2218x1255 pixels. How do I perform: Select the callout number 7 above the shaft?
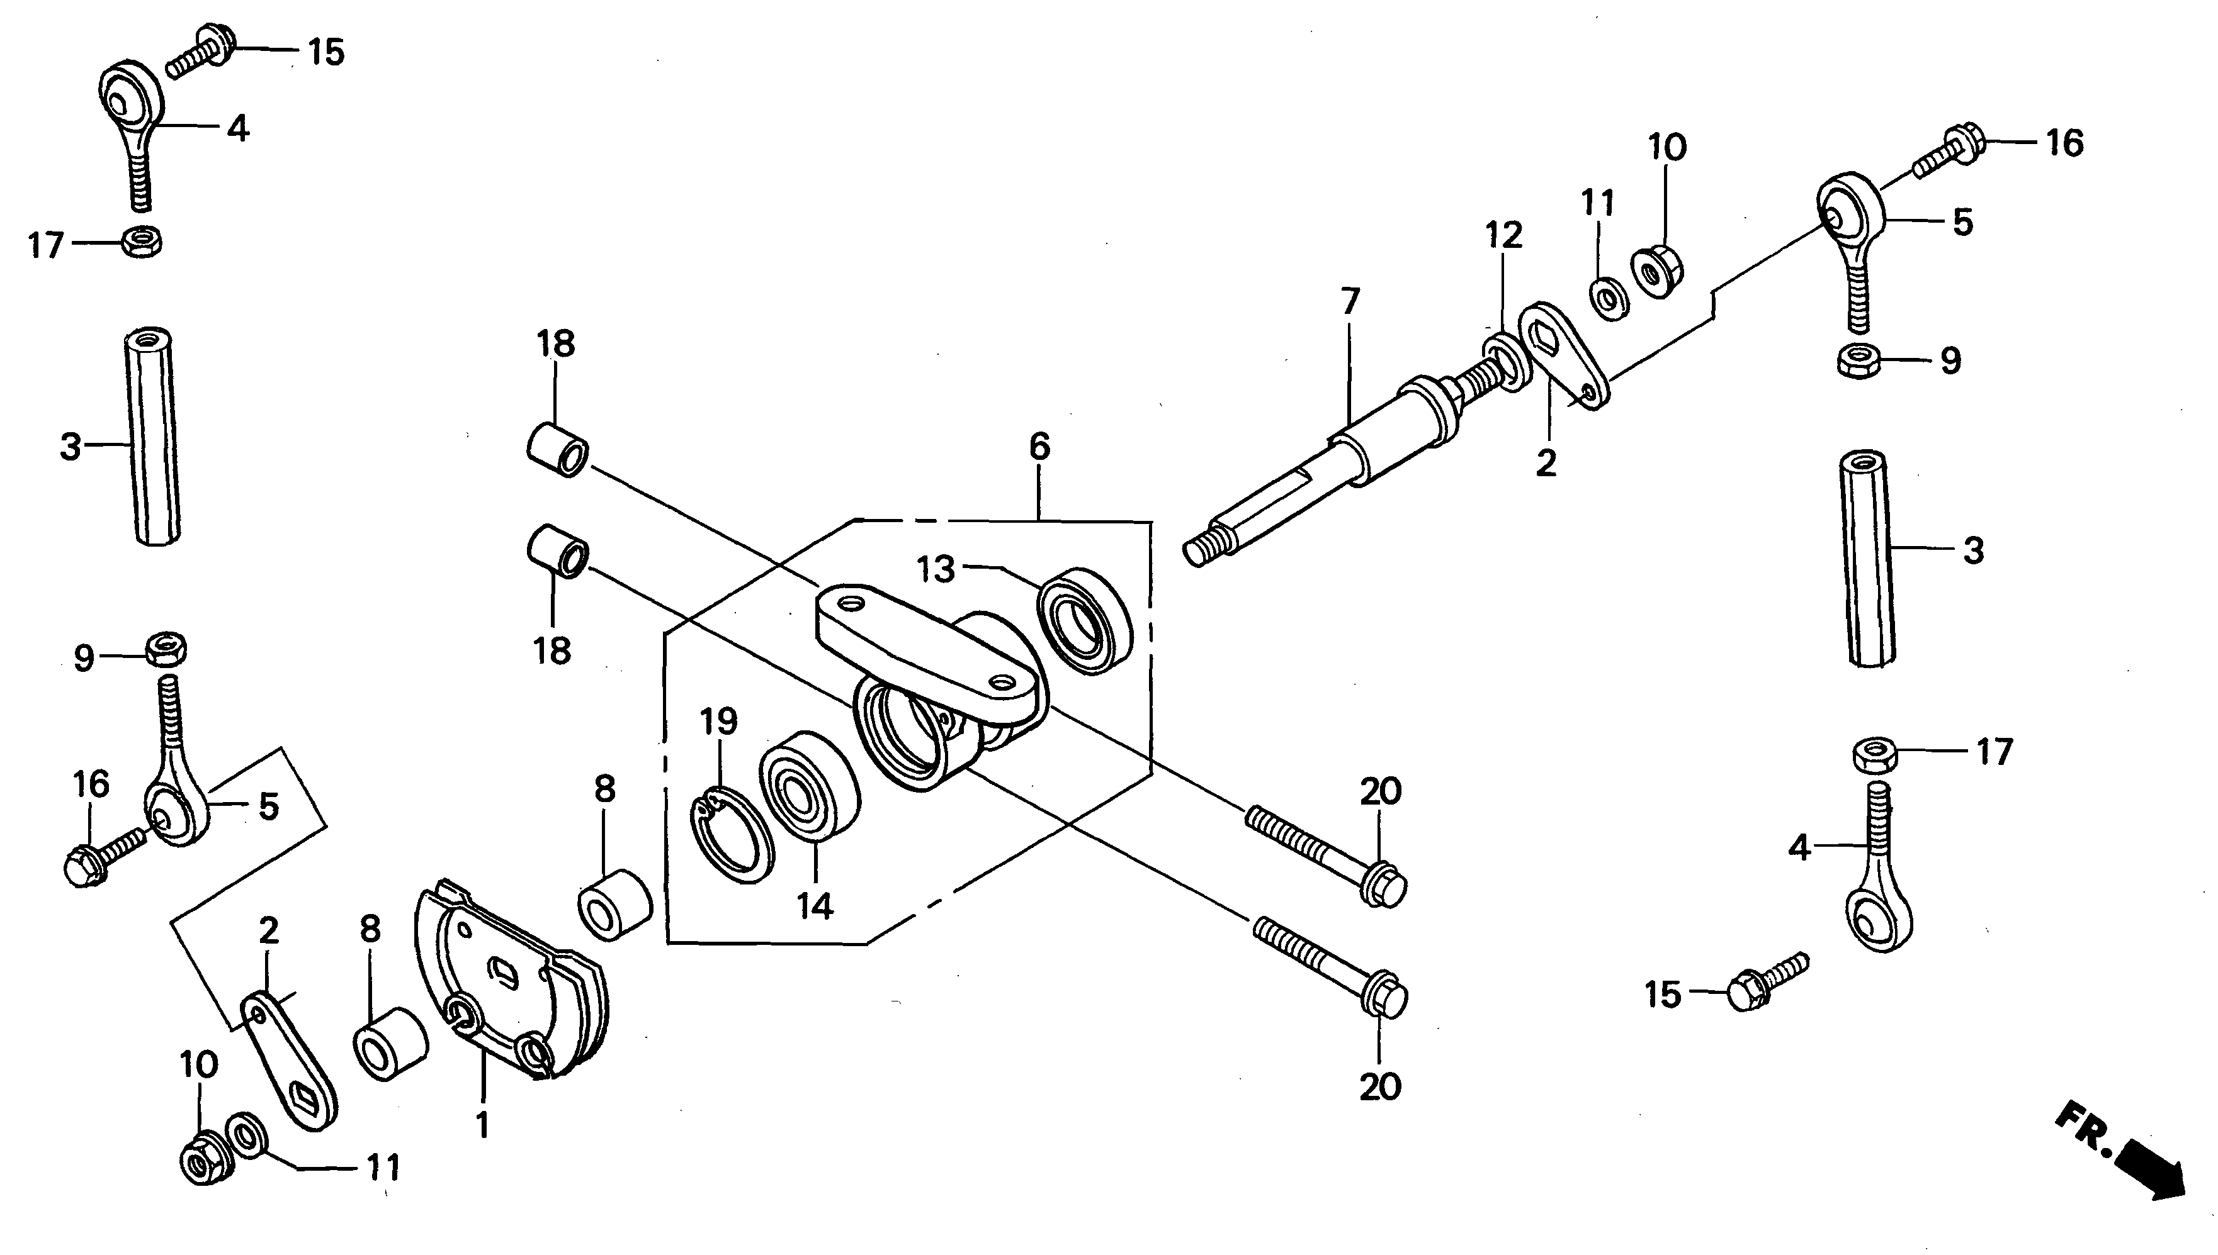coord(1350,302)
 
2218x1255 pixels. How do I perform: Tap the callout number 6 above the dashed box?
coord(1040,447)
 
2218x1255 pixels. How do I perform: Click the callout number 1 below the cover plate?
coord(483,1125)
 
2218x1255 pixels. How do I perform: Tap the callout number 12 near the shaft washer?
coord(1504,235)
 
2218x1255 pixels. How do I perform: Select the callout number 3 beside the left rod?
coord(71,447)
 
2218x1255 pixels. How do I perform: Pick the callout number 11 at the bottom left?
coord(384,1168)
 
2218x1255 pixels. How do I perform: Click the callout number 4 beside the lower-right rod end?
coord(1798,848)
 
